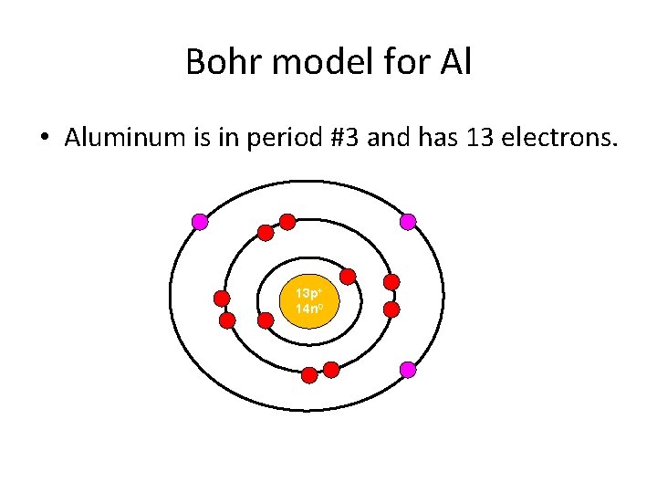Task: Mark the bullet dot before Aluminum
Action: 43,139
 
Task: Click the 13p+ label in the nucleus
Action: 307,294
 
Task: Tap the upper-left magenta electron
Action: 200,221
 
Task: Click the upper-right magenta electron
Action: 408,221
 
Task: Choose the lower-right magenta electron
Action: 408,370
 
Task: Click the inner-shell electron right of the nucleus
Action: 348,276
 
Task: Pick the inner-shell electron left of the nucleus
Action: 266,320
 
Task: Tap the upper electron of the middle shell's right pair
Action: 391,282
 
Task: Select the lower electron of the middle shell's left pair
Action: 227,320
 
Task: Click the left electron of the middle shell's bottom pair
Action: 309,374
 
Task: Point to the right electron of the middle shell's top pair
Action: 287,221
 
